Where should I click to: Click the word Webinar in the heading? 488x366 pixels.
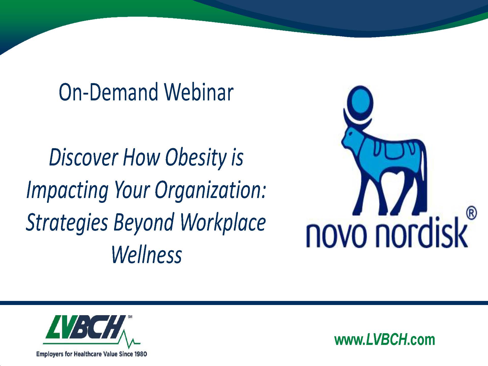[199, 92]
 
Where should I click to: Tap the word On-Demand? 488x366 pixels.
[108, 92]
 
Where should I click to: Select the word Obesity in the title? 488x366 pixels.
[196, 158]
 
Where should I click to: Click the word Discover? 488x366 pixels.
[84, 157]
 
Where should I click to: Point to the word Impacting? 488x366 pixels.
[68, 191]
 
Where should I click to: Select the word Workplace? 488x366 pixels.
[223, 222]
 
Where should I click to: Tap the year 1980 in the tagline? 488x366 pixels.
[140, 354]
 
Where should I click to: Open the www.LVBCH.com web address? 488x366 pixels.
[385, 340]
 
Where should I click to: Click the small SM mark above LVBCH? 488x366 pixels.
[130, 317]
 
